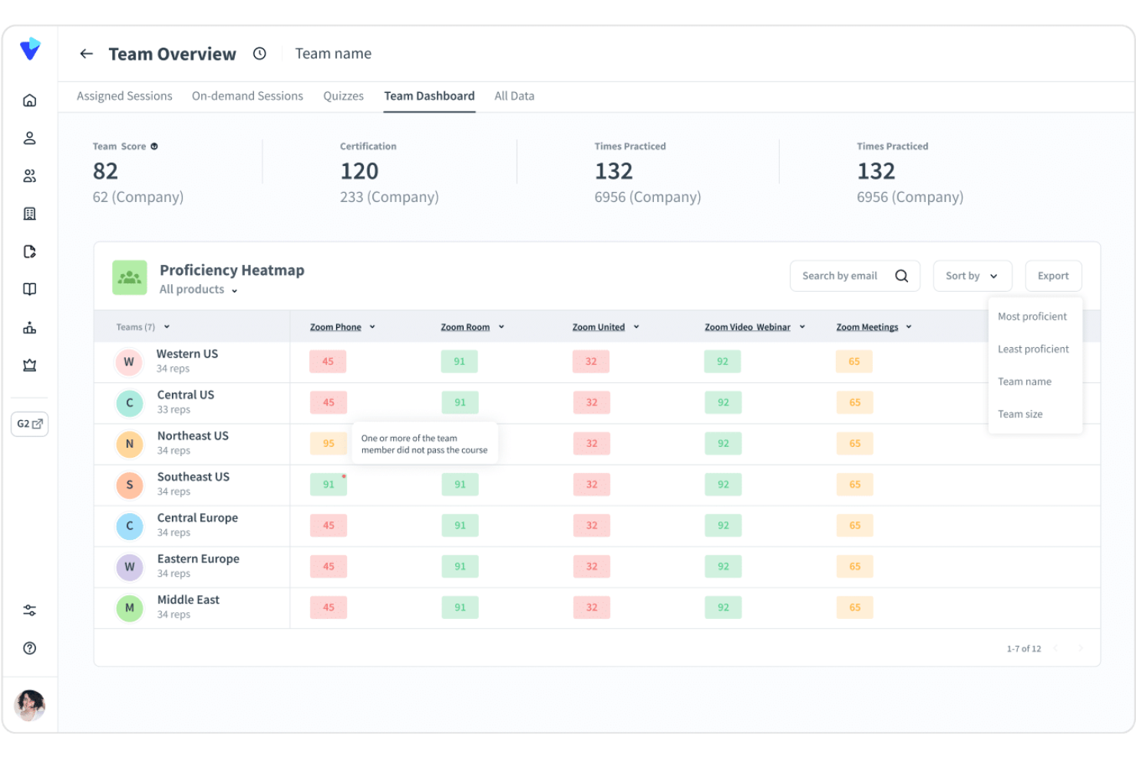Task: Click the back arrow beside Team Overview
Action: coord(86,54)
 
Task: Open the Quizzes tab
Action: coord(343,96)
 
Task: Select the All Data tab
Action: coord(514,96)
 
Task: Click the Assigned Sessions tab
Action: coord(124,96)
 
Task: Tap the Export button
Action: coord(1052,276)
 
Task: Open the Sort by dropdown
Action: coord(972,276)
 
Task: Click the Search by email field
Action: coord(840,276)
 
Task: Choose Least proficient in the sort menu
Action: coord(1032,349)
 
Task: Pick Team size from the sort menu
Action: coord(1019,414)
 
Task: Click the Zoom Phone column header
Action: coord(335,327)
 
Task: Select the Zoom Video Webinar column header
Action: coord(747,327)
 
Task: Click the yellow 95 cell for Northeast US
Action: coord(329,443)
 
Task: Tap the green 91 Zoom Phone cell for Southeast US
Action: coord(329,485)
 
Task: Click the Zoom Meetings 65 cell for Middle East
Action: coord(854,607)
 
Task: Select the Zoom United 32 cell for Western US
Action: coord(591,362)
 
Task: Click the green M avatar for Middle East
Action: coord(130,607)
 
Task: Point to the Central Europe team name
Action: coord(197,518)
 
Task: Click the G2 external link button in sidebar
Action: coord(30,424)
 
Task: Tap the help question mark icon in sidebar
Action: coord(30,648)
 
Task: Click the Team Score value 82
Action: coord(105,171)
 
